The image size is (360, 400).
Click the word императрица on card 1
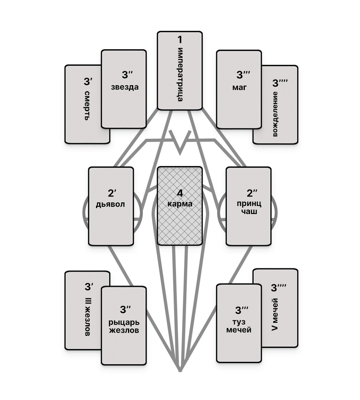(x=180, y=75)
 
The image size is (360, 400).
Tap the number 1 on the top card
(x=180, y=40)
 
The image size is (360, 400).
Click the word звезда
(x=125, y=87)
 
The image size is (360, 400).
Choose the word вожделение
(x=275, y=114)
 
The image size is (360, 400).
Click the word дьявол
(x=110, y=204)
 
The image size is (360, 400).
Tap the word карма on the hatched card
(x=180, y=204)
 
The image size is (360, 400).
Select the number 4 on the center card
(x=180, y=193)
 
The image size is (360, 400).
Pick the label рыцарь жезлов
(x=124, y=326)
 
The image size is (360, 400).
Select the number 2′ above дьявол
(x=111, y=193)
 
